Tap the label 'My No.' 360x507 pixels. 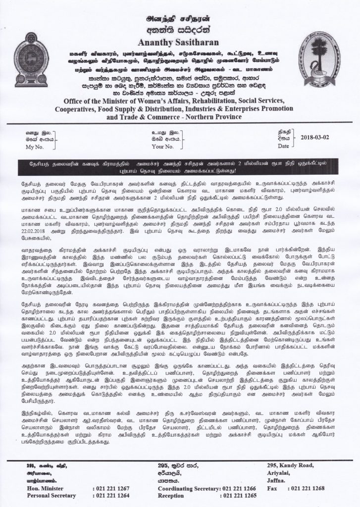pos(36,147)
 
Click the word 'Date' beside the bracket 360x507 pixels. pos(283,147)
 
